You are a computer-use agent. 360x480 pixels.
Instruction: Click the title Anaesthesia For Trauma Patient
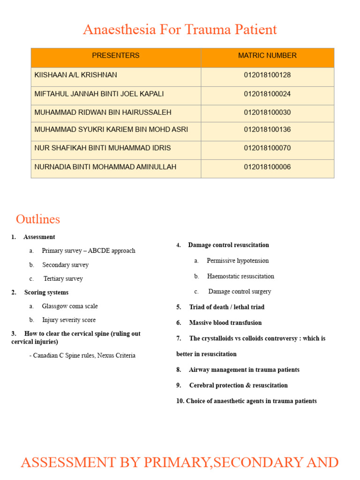click(180, 30)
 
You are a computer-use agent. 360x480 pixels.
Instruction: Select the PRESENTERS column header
click(115, 55)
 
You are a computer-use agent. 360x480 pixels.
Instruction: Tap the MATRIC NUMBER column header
click(267, 55)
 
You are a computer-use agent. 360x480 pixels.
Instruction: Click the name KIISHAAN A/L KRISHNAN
click(76, 75)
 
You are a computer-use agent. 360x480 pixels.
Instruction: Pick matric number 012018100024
click(267, 94)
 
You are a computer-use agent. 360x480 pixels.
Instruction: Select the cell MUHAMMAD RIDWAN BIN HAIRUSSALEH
click(103, 112)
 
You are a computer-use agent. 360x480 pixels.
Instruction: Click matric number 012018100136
click(267, 129)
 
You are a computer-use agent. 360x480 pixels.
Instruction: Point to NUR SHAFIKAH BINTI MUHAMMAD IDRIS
click(103, 148)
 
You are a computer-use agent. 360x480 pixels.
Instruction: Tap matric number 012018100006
click(267, 167)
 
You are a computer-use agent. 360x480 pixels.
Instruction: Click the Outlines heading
click(38, 219)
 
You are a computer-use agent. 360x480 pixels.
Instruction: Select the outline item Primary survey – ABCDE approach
click(88, 251)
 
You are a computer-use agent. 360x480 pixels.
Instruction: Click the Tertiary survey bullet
click(63, 278)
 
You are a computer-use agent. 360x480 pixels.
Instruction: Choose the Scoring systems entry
click(46, 292)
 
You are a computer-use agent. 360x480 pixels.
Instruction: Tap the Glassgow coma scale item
click(70, 306)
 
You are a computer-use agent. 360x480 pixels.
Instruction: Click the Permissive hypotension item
click(238, 261)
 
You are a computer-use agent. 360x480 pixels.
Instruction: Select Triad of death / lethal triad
click(226, 307)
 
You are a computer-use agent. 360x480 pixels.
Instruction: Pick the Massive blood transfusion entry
click(225, 323)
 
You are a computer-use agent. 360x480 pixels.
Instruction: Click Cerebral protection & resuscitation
click(238, 385)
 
